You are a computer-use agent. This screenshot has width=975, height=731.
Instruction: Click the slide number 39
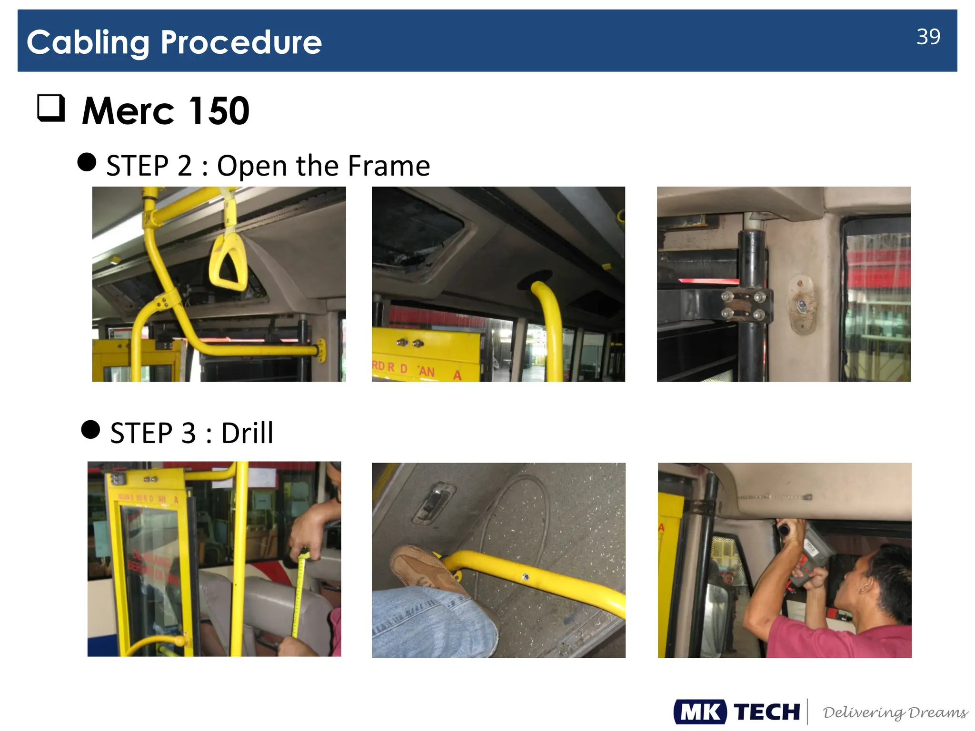(928, 37)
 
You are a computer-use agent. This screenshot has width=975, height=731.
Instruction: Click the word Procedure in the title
(241, 43)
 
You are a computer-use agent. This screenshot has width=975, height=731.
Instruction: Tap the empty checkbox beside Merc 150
(51, 108)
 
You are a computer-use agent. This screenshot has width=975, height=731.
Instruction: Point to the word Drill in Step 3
(247, 433)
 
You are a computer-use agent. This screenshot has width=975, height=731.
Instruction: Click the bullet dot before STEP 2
(87, 162)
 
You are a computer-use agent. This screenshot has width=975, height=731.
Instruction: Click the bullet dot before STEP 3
(90, 429)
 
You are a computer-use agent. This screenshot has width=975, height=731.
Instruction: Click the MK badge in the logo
(700, 712)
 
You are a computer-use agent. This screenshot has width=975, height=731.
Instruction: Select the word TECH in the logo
(766, 712)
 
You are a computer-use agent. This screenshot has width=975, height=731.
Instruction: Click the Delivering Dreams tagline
(895, 712)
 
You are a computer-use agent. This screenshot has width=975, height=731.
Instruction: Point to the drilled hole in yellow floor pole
(526, 577)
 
